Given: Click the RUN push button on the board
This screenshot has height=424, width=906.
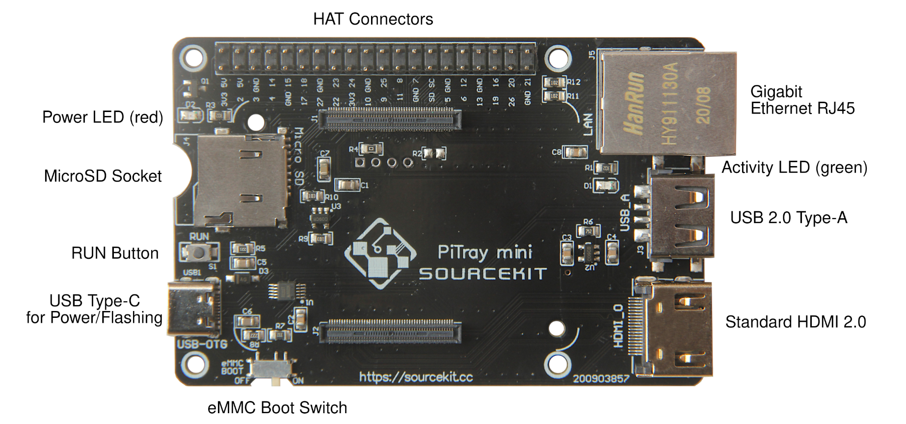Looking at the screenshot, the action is pos(199,253).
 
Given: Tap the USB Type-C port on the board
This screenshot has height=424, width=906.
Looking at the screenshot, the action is pos(194,308).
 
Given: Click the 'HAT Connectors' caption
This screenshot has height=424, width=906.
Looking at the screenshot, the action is pos(373,19).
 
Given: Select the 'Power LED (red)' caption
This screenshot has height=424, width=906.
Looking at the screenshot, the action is pos(103,117).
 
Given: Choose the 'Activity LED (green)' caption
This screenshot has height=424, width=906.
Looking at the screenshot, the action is pos(794,168).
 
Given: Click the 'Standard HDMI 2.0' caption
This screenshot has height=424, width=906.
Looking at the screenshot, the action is pos(795,322).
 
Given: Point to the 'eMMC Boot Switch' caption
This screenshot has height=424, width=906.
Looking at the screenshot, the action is pos(277,408).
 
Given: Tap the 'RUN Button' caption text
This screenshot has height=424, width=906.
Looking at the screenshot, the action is pos(115,254).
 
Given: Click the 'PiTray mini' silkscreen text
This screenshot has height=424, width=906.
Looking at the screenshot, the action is pos(484,252).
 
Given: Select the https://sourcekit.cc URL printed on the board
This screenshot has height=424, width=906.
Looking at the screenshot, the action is pos(416,377).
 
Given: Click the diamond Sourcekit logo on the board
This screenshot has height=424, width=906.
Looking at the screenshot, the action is pos(380,253).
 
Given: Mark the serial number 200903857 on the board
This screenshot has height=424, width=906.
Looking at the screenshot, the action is pos(601,379).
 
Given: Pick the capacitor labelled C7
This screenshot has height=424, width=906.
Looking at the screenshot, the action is pos(324,169).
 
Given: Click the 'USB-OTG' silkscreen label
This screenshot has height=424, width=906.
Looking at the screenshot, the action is pos(202,344).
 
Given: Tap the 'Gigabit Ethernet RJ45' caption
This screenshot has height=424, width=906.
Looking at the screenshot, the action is pos(802,100).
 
